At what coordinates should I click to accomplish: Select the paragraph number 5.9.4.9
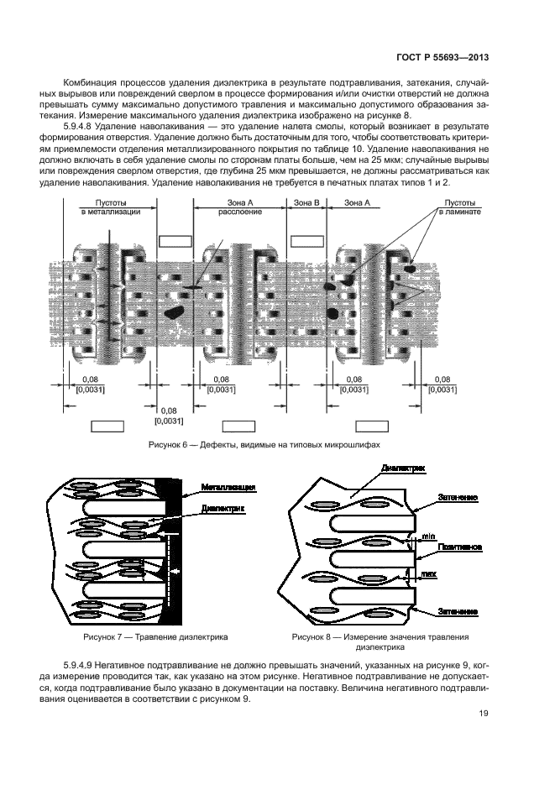tap(79, 665)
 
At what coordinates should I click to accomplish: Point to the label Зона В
tap(306, 202)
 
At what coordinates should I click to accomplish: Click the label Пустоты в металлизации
tap(110, 207)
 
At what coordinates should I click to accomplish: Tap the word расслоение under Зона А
tap(239, 212)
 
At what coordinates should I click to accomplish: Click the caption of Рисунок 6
tap(268, 444)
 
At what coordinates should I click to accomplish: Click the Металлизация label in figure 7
tap(228, 488)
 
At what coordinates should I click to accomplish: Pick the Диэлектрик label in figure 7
tap(223, 510)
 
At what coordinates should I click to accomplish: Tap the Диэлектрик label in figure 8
tap(402, 468)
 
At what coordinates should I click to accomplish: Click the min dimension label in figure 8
tap(427, 535)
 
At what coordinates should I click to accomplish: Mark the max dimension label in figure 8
tap(429, 573)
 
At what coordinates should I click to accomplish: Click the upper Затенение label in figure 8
tap(458, 498)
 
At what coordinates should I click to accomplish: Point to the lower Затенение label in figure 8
tap(458, 612)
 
